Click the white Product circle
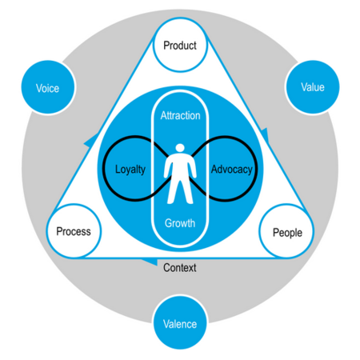click(x=179, y=46)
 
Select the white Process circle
click(x=73, y=232)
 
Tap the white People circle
click(x=287, y=232)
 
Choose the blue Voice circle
click(x=48, y=88)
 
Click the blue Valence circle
click(x=179, y=323)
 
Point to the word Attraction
click(x=179, y=116)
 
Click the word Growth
click(x=179, y=222)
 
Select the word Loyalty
click(x=129, y=170)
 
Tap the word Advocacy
click(x=231, y=170)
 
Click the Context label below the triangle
click(x=179, y=268)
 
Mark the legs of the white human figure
click(x=179, y=192)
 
